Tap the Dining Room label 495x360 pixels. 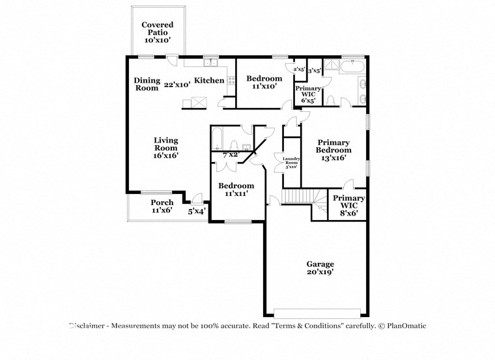click(x=147, y=84)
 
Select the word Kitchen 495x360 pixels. click(x=209, y=81)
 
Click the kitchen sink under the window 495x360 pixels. click(x=211, y=63)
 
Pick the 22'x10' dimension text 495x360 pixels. click(x=177, y=84)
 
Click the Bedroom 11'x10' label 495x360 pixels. click(x=264, y=82)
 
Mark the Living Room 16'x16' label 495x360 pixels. click(x=166, y=148)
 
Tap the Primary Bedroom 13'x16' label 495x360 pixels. click(x=334, y=150)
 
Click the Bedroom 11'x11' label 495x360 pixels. click(x=236, y=189)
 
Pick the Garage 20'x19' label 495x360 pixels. click(x=320, y=268)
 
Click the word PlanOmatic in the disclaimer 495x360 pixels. click(x=407, y=325)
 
